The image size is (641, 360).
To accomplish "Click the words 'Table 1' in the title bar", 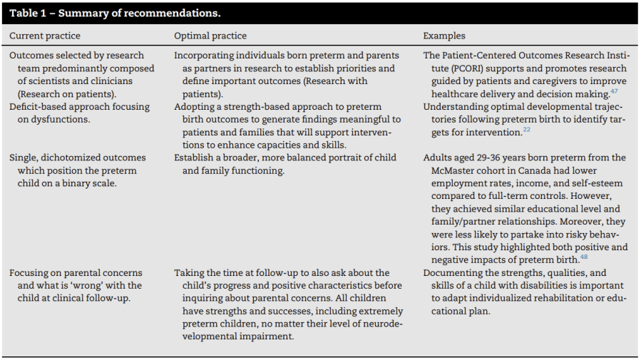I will [26, 13].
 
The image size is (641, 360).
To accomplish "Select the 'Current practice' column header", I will [44, 36].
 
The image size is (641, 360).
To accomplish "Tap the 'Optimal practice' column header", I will [210, 36].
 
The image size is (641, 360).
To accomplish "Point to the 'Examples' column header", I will [443, 36].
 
